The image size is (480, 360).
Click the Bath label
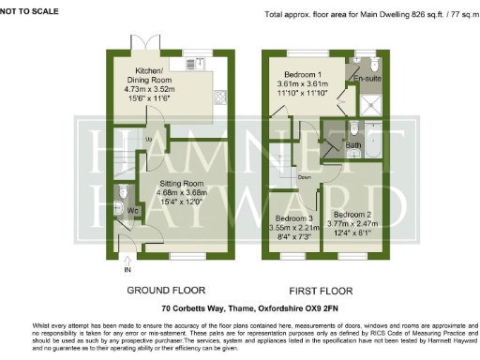352,145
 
